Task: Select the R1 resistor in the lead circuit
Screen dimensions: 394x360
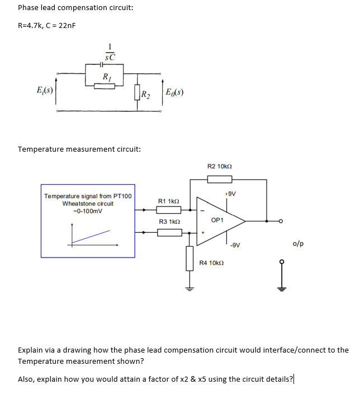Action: [x=105, y=86]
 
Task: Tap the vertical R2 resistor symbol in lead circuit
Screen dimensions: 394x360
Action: [x=138, y=92]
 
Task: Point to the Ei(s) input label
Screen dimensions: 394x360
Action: [x=45, y=90]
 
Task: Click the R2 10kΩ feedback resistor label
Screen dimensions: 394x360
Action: [x=219, y=166]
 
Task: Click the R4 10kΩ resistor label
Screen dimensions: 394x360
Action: [x=212, y=262]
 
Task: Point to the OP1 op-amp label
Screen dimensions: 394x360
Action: [x=217, y=220]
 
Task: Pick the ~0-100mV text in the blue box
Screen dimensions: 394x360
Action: [x=88, y=211]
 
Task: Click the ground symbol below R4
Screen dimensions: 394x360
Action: [x=190, y=289]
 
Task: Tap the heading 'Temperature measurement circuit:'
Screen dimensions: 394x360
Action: [x=79, y=149]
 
